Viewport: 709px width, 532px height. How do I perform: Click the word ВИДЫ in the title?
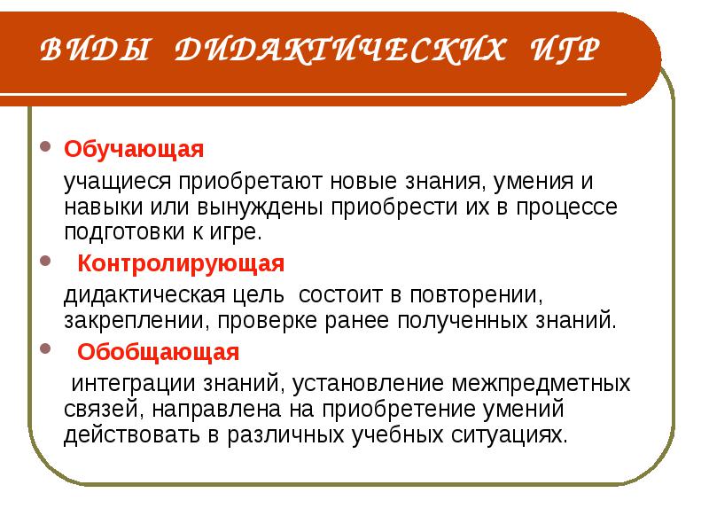94,49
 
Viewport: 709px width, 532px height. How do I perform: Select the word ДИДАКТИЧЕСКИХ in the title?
340,49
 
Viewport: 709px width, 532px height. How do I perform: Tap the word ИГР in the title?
565,49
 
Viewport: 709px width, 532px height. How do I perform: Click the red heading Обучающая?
134,149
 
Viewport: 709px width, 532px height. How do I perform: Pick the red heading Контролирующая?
181,263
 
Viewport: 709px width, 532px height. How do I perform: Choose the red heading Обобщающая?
158,351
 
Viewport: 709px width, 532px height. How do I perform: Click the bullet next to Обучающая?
45,146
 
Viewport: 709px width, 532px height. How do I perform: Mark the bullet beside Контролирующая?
45,261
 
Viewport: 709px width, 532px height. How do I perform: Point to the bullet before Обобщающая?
45,348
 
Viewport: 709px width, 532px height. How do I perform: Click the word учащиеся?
118,182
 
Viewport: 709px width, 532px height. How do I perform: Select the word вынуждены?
260,207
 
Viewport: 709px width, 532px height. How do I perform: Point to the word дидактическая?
144,295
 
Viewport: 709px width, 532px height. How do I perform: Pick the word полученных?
462,321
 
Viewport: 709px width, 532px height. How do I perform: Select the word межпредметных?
541,384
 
